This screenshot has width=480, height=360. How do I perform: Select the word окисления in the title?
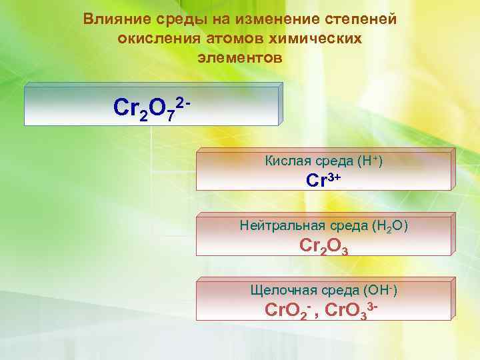[156, 39]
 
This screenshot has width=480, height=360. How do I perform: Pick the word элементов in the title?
[240, 58]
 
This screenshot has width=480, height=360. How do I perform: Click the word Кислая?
[285, 161]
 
